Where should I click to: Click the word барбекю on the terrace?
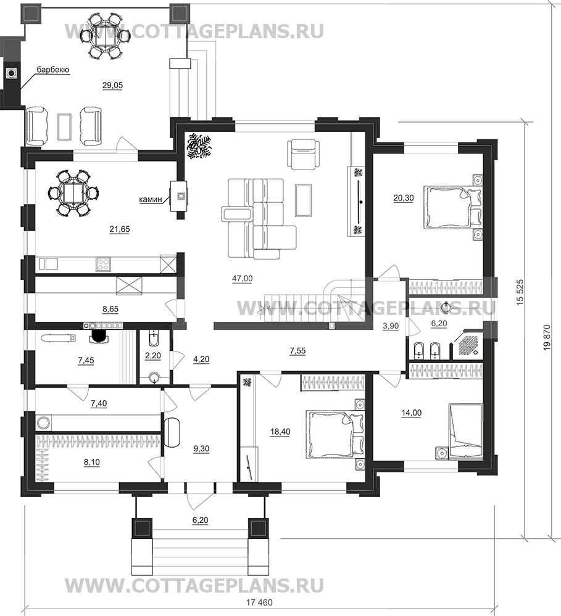tap(53, 70)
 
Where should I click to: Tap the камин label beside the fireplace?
tap(151, 200)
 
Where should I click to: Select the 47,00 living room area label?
tap(242, 279)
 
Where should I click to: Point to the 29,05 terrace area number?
tap(112, 85)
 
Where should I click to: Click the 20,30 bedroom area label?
tap(404, 198)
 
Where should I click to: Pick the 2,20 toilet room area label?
tap(153, 356)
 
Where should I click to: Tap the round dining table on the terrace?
tap(105, 35)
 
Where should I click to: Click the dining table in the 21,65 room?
tap(73, 192)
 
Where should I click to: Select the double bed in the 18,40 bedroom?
tap(335, 434)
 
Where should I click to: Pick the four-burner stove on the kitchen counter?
tap(103, 264)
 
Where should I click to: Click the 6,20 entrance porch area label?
tap(200, 520)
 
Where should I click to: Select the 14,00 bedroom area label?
tap(411, 413)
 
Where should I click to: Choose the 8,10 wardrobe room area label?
tap(91, 462)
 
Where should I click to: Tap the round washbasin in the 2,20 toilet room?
tap(155, 378)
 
